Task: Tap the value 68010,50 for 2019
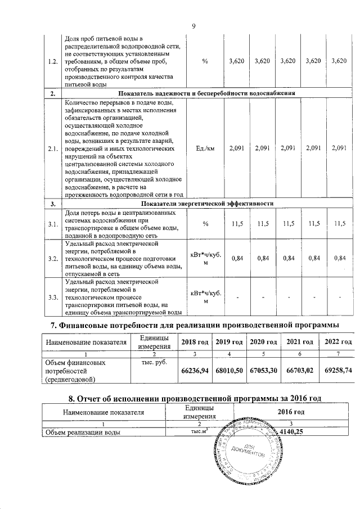point(229,371)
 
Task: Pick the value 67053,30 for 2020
point(264,371)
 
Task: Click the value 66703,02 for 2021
point(299,371)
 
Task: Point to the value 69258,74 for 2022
point(336,371)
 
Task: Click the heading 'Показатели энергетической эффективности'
point(208,202)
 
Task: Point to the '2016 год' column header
point(291,412)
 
